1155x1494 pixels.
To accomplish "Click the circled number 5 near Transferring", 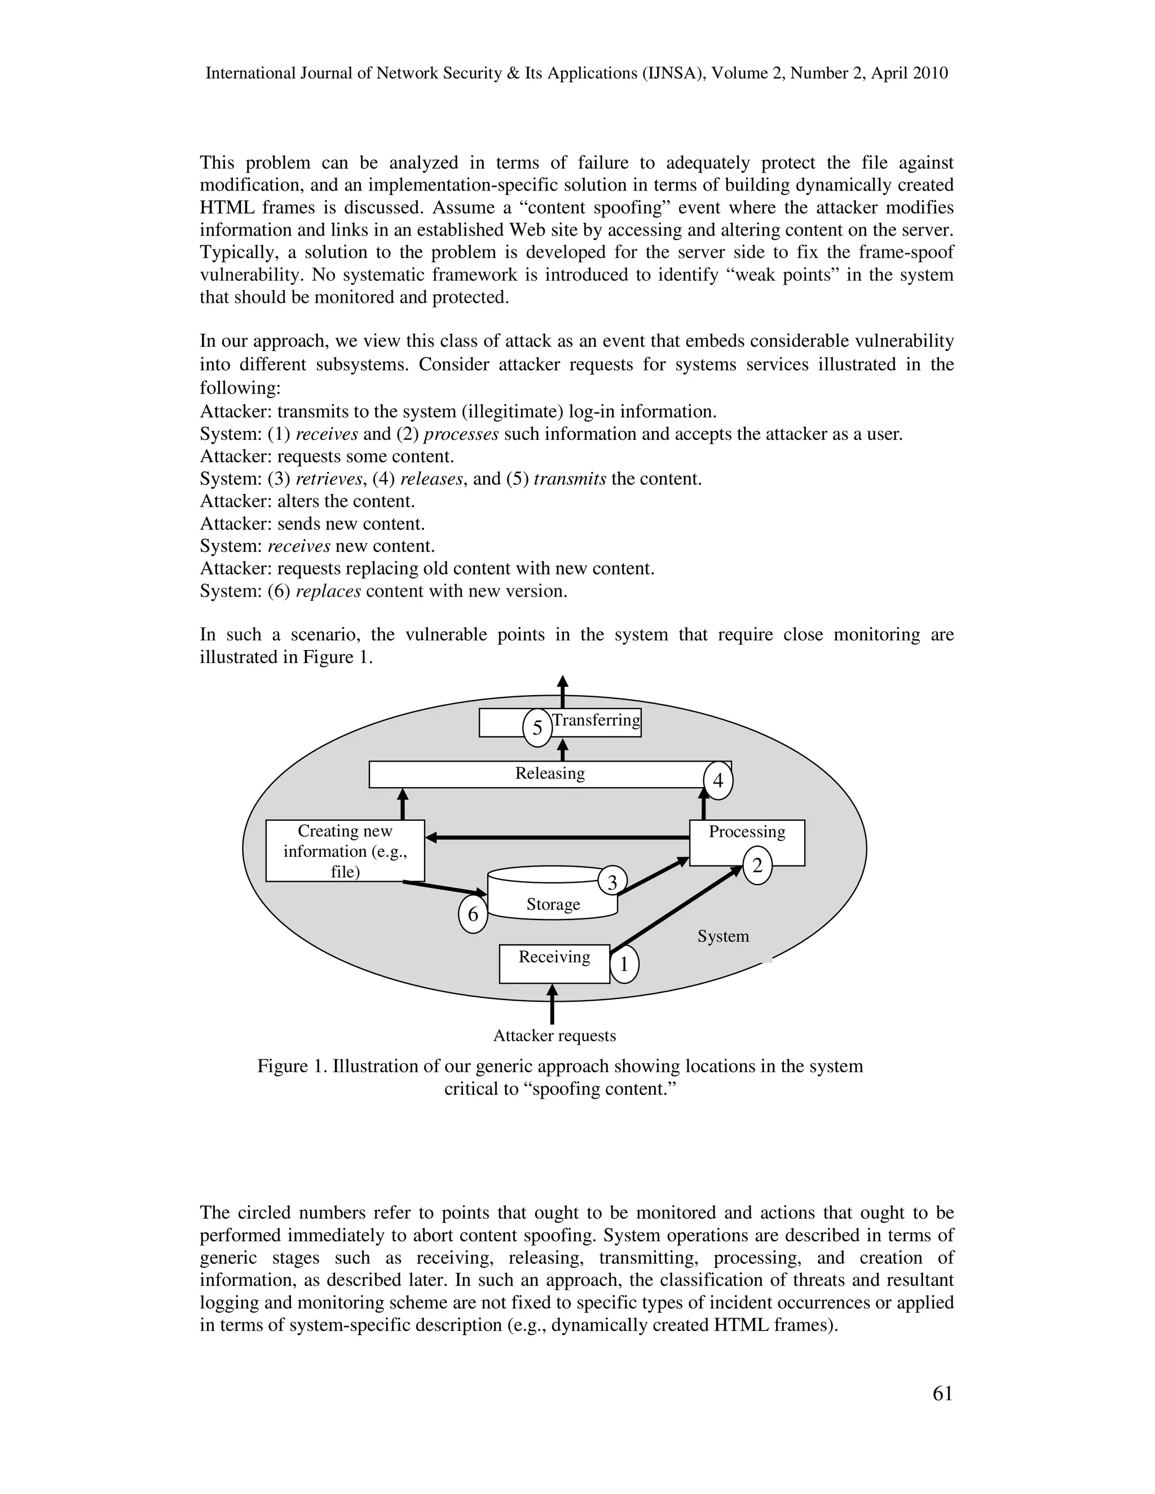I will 537,728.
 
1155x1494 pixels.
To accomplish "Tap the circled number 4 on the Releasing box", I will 718,780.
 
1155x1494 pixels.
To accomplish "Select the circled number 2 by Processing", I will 757,866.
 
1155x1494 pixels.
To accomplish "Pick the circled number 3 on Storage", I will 612,882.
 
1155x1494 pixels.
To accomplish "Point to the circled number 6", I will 473,914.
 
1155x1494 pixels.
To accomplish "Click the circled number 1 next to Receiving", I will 623,965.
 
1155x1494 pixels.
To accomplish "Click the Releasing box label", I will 549,773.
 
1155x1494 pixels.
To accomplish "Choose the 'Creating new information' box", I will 345,851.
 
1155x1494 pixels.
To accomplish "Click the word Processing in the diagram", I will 747,832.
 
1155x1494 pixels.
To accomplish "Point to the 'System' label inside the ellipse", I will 722,936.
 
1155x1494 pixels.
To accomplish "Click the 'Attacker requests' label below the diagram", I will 554,1036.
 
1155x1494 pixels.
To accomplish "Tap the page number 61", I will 942,1394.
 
